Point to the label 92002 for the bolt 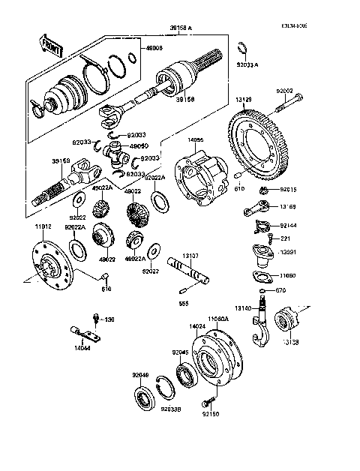pos(284,91)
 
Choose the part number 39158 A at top pos(178,27)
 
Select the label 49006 pos(154,48)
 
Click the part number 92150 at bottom pos(211,412)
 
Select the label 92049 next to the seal pos(141,375)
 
